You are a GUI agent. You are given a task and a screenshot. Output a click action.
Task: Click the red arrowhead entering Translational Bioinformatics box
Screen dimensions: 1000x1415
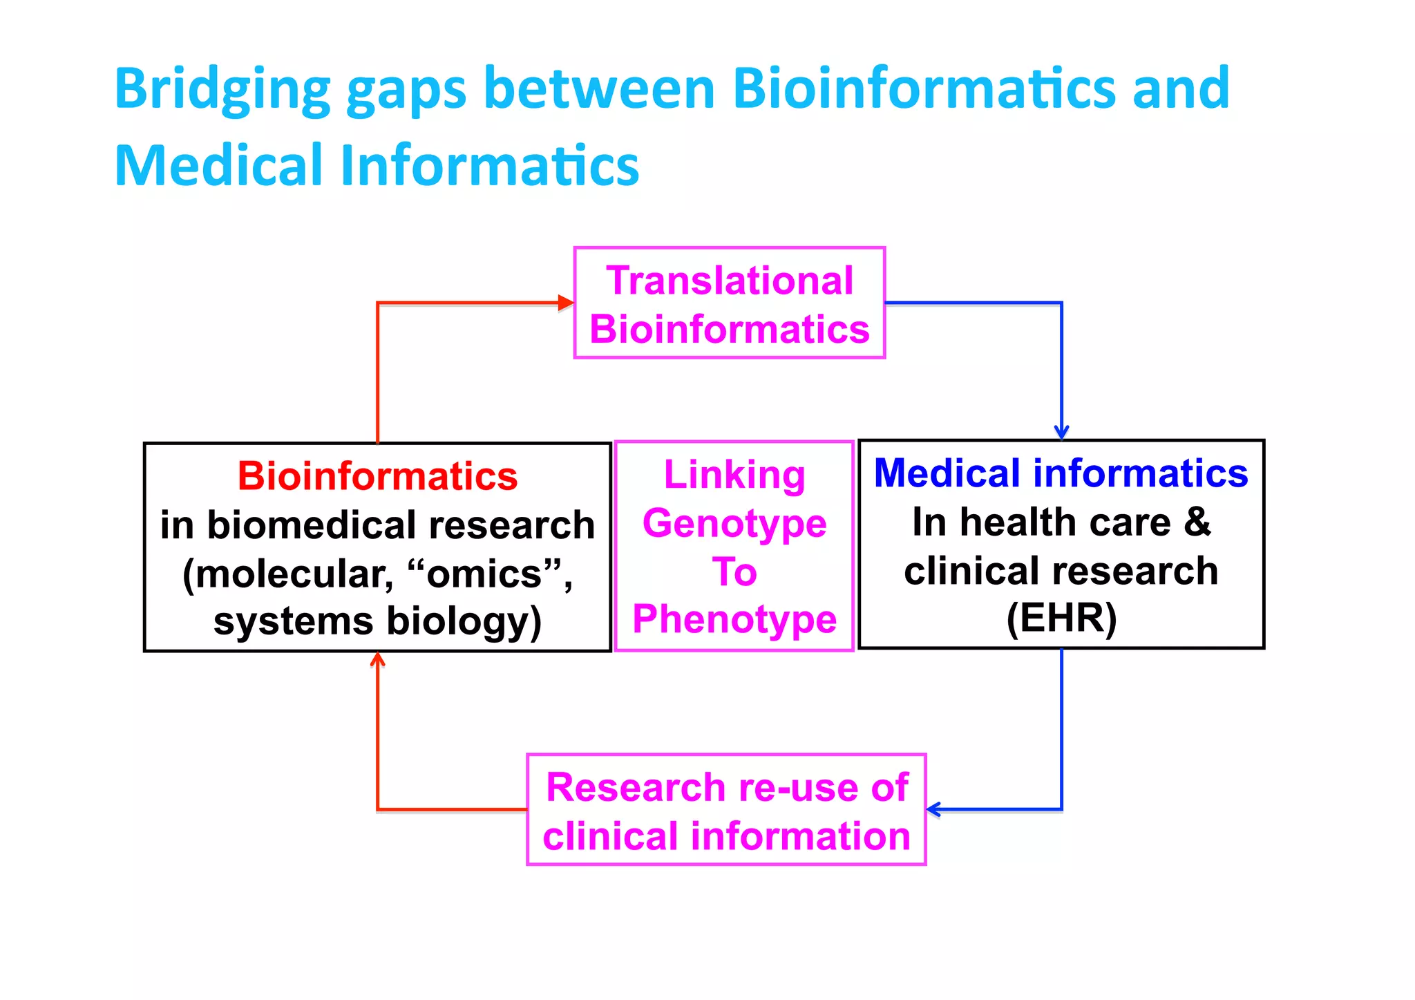point(566,303)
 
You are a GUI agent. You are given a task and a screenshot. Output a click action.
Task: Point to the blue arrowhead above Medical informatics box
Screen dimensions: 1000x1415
point(1061,432)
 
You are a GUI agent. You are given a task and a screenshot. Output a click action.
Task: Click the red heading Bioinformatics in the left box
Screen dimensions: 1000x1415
point(377,476)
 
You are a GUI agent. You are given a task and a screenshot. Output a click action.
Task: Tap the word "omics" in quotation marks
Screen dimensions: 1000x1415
point(484,574)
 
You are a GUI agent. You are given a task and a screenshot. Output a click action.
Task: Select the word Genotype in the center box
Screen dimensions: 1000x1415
point(734,523)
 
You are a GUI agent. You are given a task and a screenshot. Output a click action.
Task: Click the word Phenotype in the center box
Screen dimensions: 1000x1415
point(734,619)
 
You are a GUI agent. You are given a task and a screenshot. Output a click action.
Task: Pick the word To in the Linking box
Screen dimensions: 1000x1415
point(734,572)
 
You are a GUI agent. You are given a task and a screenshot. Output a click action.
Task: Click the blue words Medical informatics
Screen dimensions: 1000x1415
point(1061,473)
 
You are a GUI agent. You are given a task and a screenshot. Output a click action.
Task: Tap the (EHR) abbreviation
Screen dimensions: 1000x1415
point(1061,618)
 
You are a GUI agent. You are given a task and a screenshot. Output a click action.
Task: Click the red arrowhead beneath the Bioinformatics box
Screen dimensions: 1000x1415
point(377,659)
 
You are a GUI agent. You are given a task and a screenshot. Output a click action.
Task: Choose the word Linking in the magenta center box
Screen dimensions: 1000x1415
point(734,475)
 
